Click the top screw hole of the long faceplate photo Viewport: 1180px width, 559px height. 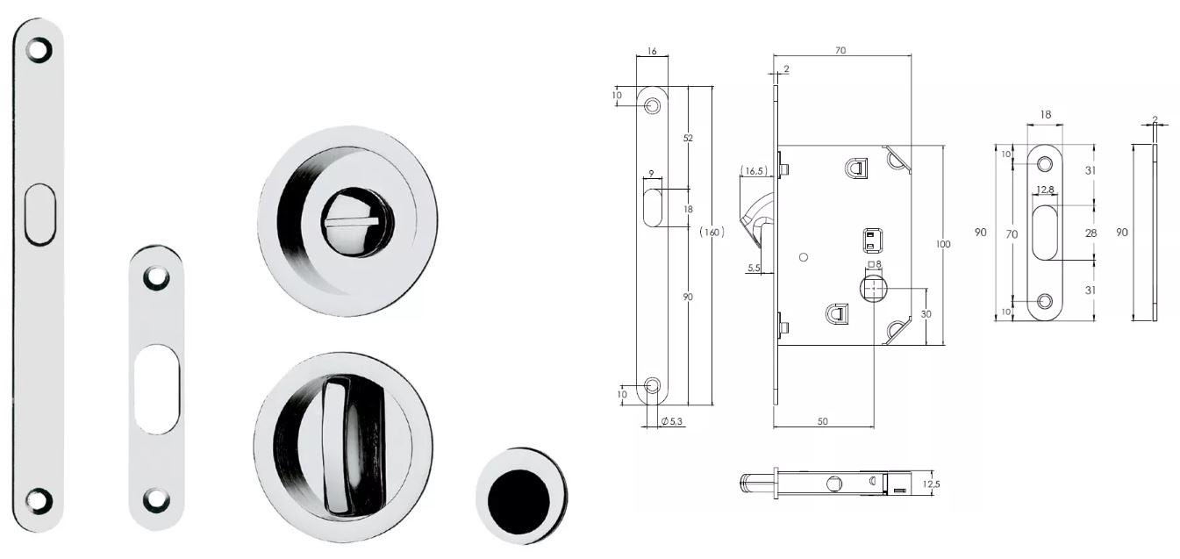coord(39,50)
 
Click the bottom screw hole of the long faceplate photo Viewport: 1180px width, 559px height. coord(39,499)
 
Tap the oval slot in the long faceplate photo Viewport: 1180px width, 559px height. coord(40,214)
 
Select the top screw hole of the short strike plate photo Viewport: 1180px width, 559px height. coord(156,278)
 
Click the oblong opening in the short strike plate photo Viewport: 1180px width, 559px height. coord(156,389)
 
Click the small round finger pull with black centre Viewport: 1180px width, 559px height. coord(521,495)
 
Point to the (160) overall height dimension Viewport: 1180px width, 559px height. coord(712,232)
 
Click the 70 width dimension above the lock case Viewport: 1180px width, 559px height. coord(840,50)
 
